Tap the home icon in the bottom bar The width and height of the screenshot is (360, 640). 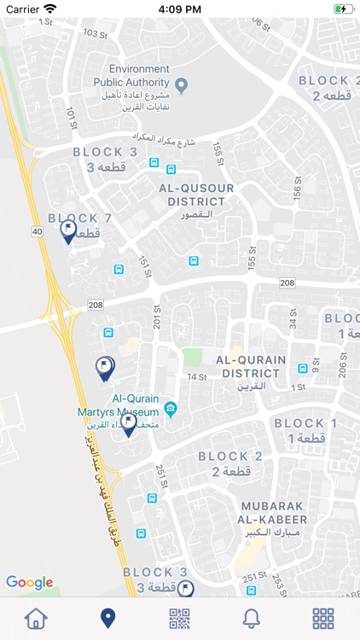36,618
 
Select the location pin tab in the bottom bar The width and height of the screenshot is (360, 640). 107,618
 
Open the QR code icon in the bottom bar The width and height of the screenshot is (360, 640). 179,618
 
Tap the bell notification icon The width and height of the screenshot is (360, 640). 252,618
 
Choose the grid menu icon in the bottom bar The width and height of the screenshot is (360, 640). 323,618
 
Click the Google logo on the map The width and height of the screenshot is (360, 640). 30,583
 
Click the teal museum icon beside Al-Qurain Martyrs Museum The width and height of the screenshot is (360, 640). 171,408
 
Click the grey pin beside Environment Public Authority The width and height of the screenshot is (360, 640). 182,83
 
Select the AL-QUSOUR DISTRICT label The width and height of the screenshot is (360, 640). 197,195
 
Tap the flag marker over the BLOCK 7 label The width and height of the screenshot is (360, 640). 68,230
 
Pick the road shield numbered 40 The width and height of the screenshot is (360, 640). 37,231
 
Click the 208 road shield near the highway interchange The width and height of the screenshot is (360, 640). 95,305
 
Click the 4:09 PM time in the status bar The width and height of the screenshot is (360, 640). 179,9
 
